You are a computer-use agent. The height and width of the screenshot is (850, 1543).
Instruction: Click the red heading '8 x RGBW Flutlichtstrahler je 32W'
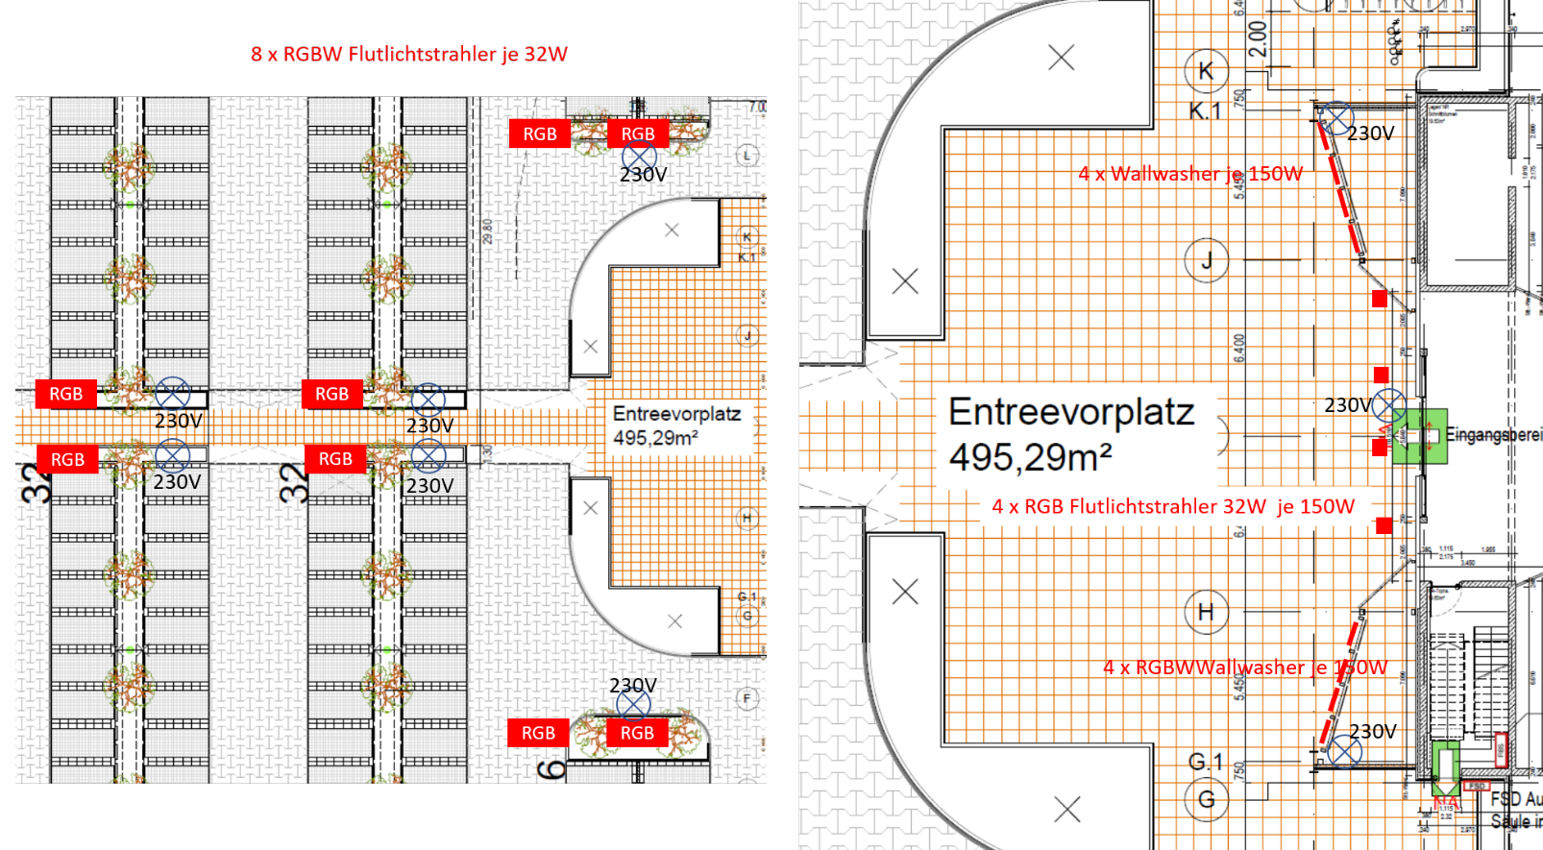[409, 55]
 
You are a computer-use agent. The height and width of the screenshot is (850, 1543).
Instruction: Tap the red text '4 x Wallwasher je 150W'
[1190, 174]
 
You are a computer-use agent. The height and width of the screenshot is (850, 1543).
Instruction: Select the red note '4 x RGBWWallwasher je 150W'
[1245, 668]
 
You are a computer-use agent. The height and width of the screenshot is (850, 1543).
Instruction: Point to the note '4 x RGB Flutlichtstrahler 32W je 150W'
[1173, 507]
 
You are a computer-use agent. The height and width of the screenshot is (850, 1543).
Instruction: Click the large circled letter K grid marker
[1206, 70]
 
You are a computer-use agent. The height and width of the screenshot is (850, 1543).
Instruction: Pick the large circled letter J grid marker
[1206, 259]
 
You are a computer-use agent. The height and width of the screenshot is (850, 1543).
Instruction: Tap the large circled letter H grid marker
[1206, 612]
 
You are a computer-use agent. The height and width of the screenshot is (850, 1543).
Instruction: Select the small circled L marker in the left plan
[747, 155]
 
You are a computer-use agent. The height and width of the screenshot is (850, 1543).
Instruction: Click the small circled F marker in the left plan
[747, 698]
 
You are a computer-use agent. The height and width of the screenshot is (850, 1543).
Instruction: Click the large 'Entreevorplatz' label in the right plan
[1071, 412]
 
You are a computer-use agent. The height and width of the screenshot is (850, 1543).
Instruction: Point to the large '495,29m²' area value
[1030, 457]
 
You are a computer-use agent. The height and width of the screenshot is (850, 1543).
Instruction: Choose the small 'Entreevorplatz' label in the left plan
[676, 414]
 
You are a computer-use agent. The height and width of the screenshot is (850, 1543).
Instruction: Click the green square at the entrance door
[1420, 436]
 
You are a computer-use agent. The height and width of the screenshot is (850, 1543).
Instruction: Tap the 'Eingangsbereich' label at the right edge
[1494, 435]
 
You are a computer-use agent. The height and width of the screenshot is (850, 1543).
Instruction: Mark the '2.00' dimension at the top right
[1258, 39]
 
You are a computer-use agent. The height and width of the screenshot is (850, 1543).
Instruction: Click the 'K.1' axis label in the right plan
[1204, 111]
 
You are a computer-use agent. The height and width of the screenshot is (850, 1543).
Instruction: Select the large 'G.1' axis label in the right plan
[1206, 762]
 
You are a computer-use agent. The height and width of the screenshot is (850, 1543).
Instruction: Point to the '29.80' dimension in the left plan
[488, 231]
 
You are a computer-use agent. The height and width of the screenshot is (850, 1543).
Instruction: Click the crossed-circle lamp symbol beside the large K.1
[1335, 119]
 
